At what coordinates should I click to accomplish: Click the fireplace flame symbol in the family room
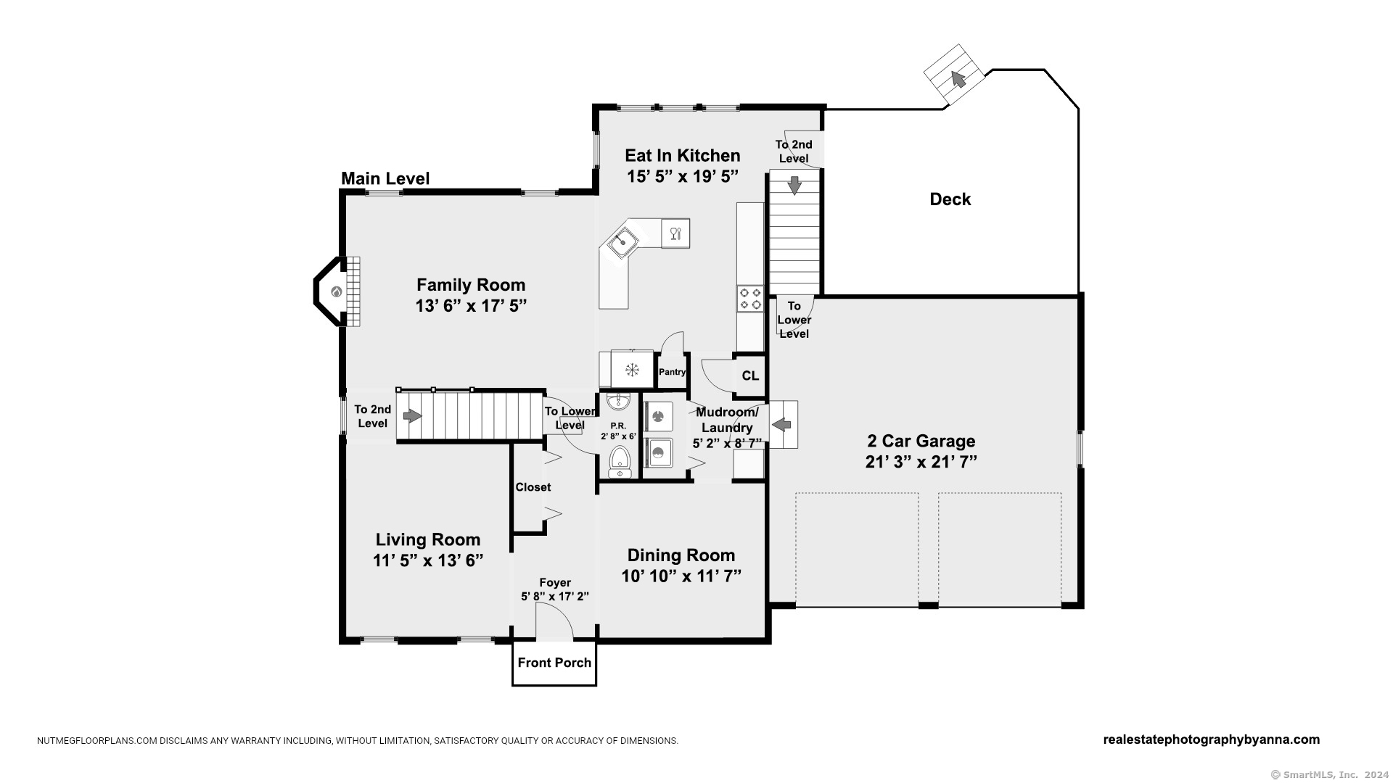337,292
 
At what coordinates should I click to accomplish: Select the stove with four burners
750,298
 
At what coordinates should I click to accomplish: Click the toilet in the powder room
620,460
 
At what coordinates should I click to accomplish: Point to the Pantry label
672,372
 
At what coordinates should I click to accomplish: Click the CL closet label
750,376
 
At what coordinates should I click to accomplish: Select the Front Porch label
554,663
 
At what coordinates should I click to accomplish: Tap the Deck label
950,199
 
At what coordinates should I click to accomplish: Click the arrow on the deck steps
958,78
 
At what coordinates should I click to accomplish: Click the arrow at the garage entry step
781,424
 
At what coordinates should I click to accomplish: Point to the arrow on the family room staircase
412,416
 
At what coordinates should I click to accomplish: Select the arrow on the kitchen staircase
794,186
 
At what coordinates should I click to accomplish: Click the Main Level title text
385,178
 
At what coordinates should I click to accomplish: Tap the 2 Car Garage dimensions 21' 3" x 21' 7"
921,462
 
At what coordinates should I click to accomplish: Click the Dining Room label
681,555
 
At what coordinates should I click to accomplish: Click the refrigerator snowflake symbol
632,370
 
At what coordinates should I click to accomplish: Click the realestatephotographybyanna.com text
1211,739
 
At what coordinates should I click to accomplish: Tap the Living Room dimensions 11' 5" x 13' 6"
427,560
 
